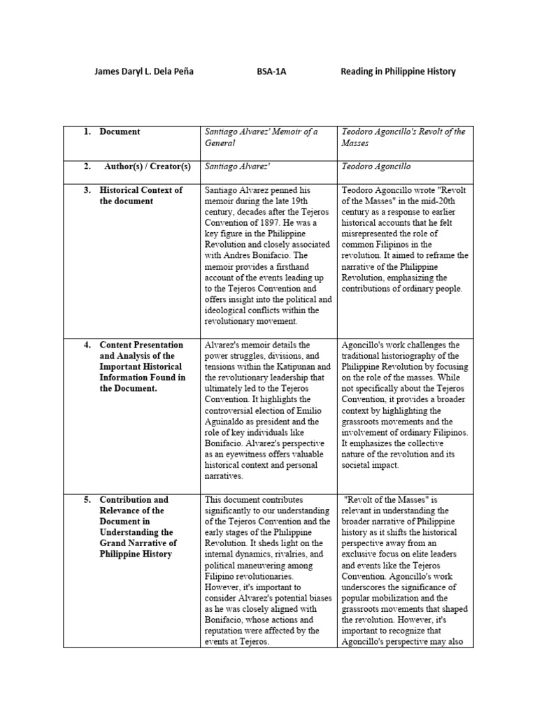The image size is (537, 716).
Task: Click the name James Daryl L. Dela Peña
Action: pyautogui.click(x=145, y=72)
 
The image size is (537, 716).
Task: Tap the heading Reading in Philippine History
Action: pyautogui.click(x=398, y=72)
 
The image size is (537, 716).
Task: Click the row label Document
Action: pyautogui.click(x=120, y=131)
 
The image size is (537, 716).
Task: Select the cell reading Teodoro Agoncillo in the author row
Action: pyautogui.click(x=376, y=167)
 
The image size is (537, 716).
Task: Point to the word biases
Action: pyautogui.click(x=317, y=598)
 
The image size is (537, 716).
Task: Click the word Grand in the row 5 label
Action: pyautogui.click(x=113, y=543)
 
